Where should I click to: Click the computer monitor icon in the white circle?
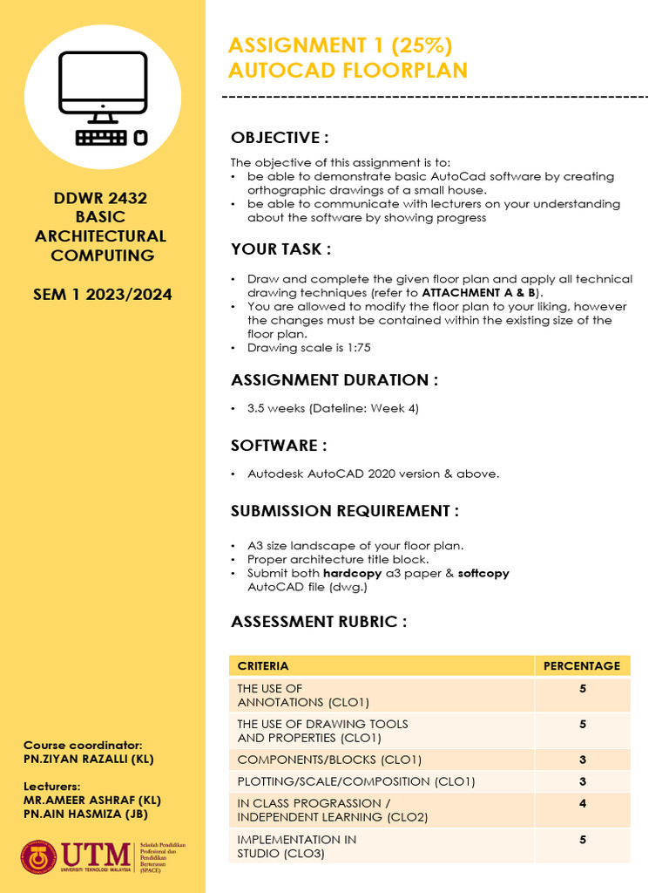[x=103, y=84]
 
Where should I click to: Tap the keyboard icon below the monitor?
[x=101, y=137]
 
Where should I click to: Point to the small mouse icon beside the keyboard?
[x=140, y=137]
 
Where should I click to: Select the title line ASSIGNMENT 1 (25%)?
[x=340, y=45]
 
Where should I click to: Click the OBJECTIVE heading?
[x=280, y=138]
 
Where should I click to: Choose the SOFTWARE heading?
[x=279, y=446]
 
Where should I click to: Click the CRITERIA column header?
[x=263, y=665]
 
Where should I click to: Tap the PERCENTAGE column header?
[x=581, y=665]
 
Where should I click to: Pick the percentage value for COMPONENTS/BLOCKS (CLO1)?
[x=581, y=760]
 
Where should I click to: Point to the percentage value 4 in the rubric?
[x=581, y=803]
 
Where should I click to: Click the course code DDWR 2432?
[x=100, y=198]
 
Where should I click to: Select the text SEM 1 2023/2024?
[x=102, y=294]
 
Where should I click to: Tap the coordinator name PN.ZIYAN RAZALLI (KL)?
[x=89, y=759]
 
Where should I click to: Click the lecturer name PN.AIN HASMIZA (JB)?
[x=85, y=815]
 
